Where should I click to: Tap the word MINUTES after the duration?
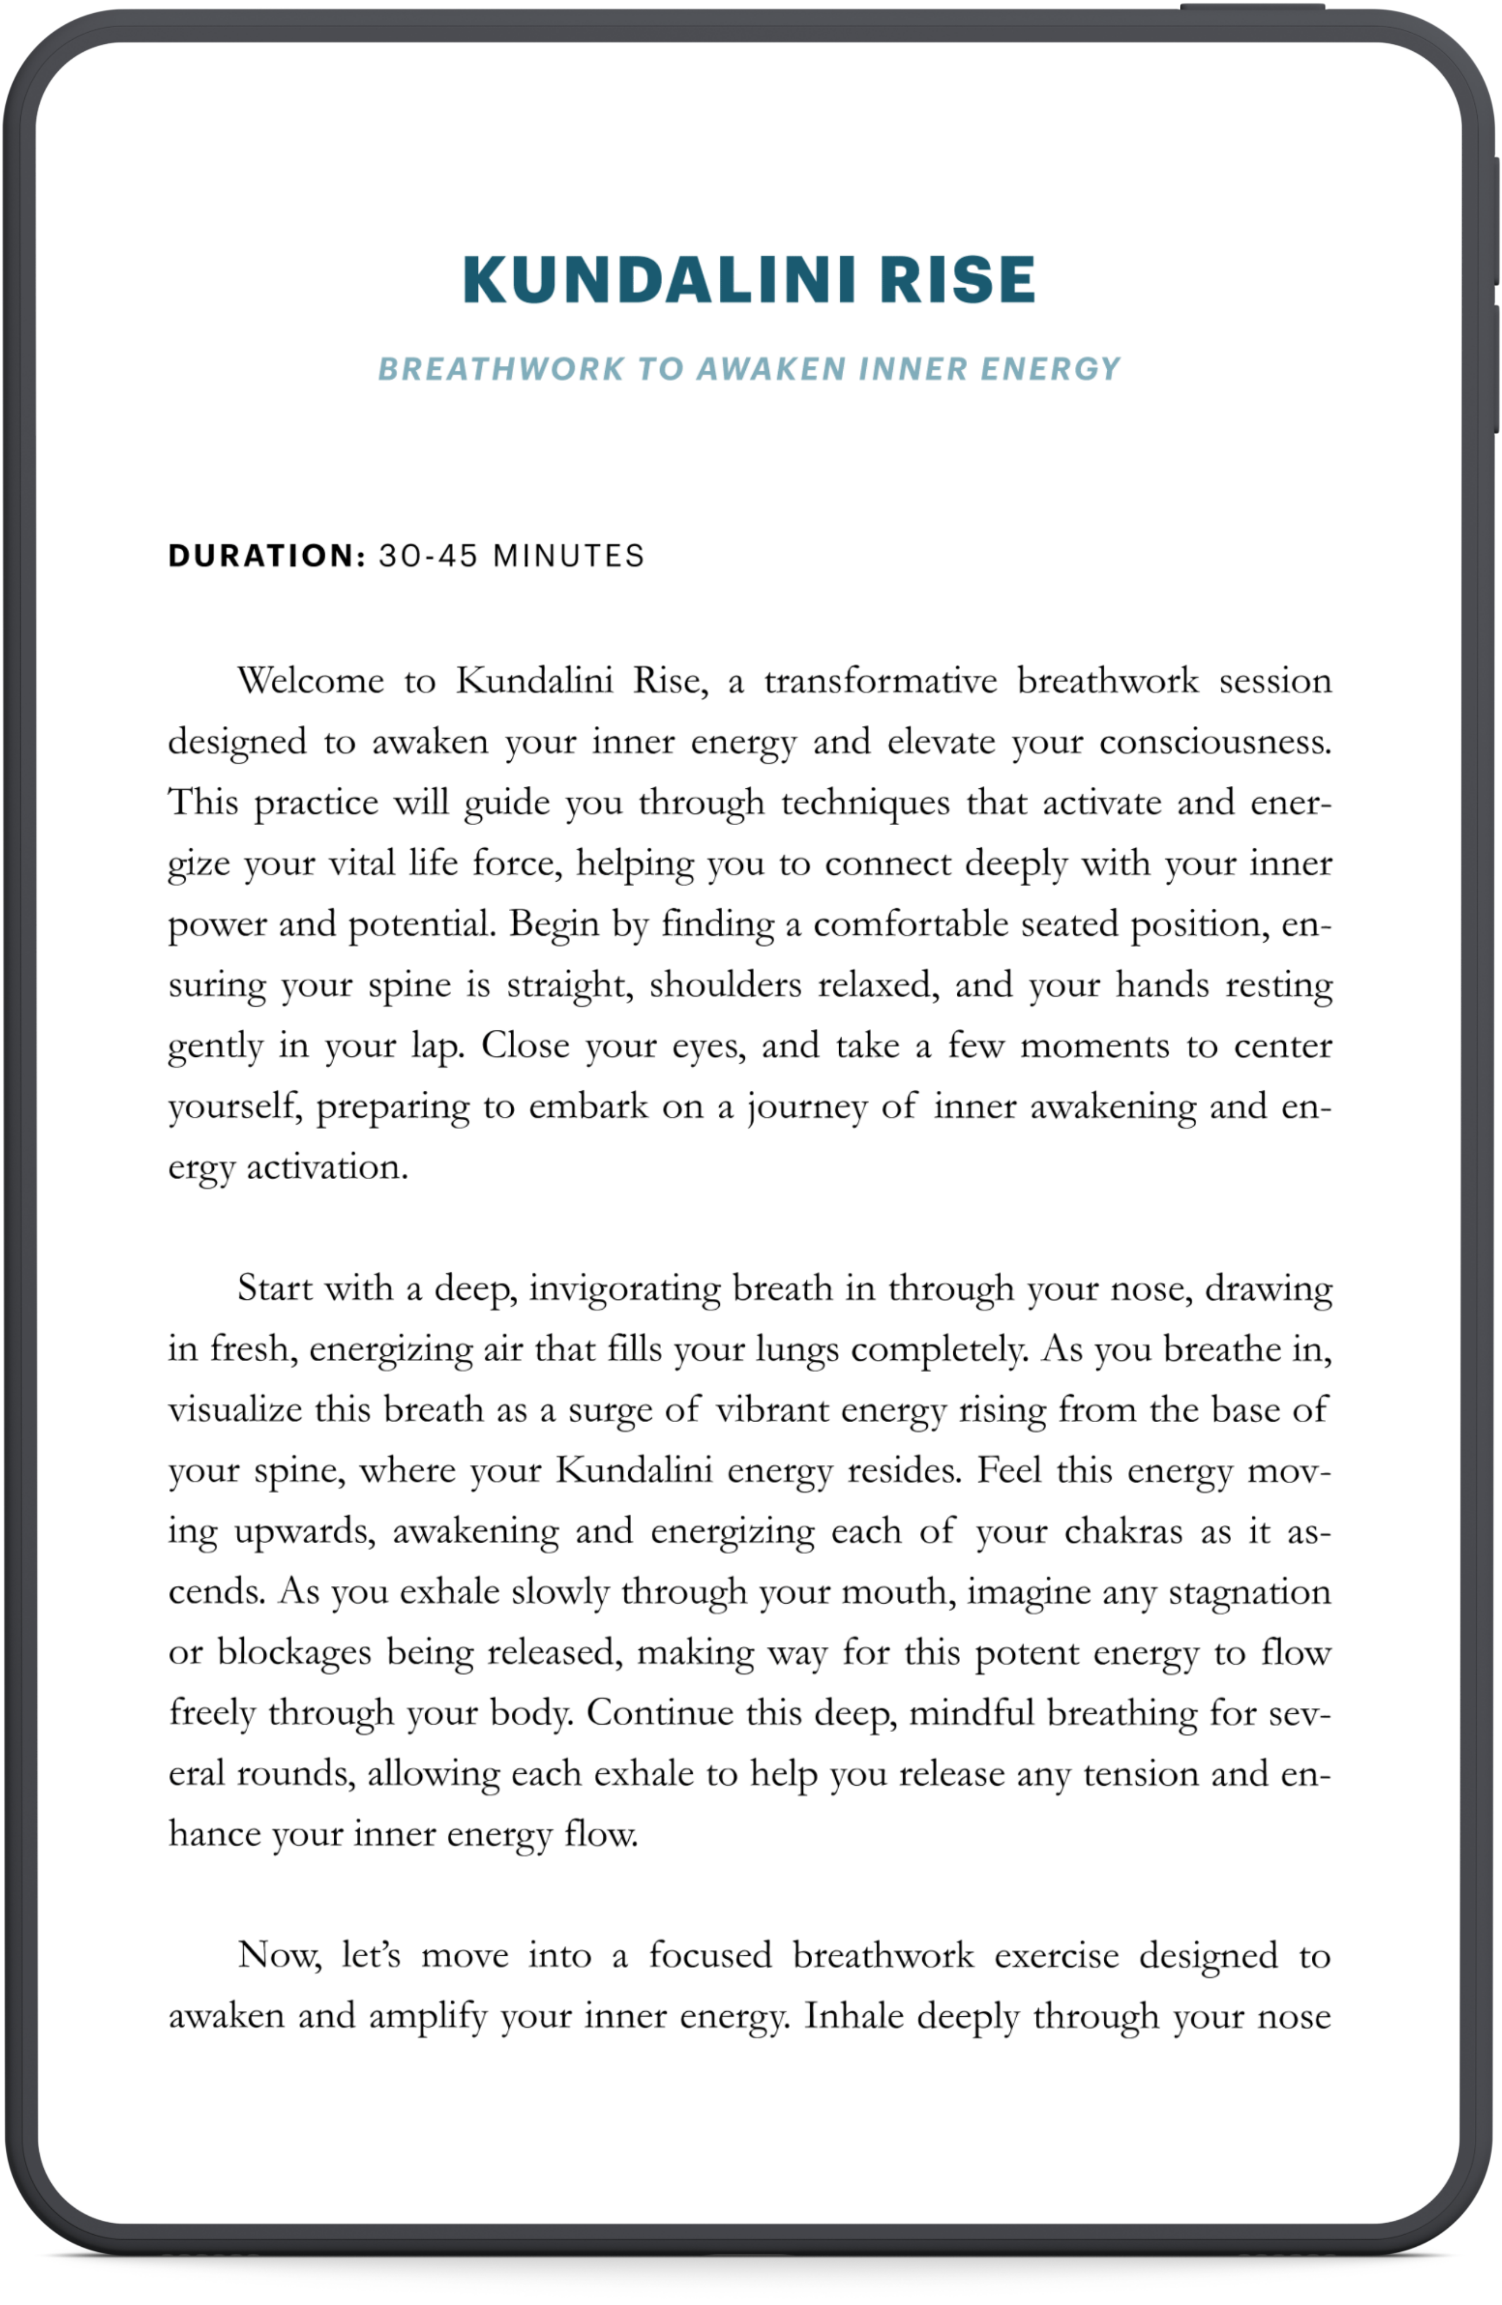click(x=568, y=556)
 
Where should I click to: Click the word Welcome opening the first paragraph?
click(x=311, y=681)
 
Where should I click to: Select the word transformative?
click(x=880, y=681)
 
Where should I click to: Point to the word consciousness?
click(x=1216, y=742)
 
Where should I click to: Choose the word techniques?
click(x=865, y=803)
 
